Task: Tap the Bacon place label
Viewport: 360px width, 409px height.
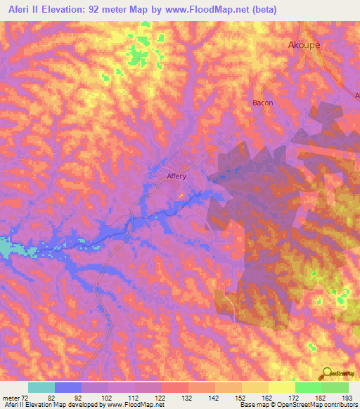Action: coord(262,103)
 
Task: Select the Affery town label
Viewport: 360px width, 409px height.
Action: coord(176,177)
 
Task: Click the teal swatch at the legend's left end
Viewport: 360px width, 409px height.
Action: coord(41,387)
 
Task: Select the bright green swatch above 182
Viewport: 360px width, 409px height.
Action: coord(308,387)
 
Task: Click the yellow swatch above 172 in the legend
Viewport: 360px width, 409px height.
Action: coord(281,387)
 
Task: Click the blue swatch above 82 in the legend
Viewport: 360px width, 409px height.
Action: coord(68,387)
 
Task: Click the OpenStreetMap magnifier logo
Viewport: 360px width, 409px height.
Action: coord(326,374)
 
